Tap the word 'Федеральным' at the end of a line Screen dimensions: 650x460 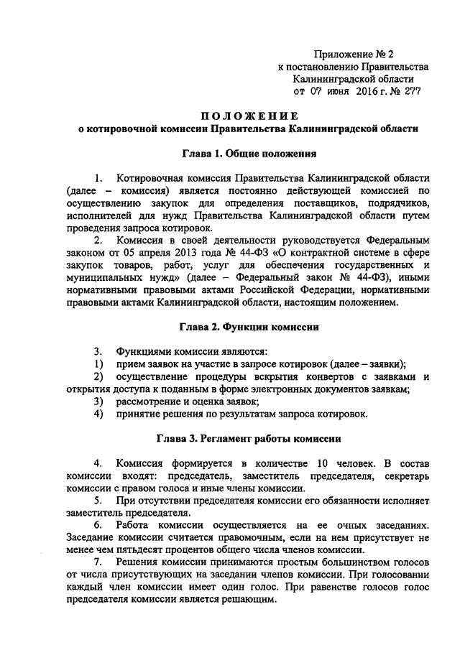point(397,239)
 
